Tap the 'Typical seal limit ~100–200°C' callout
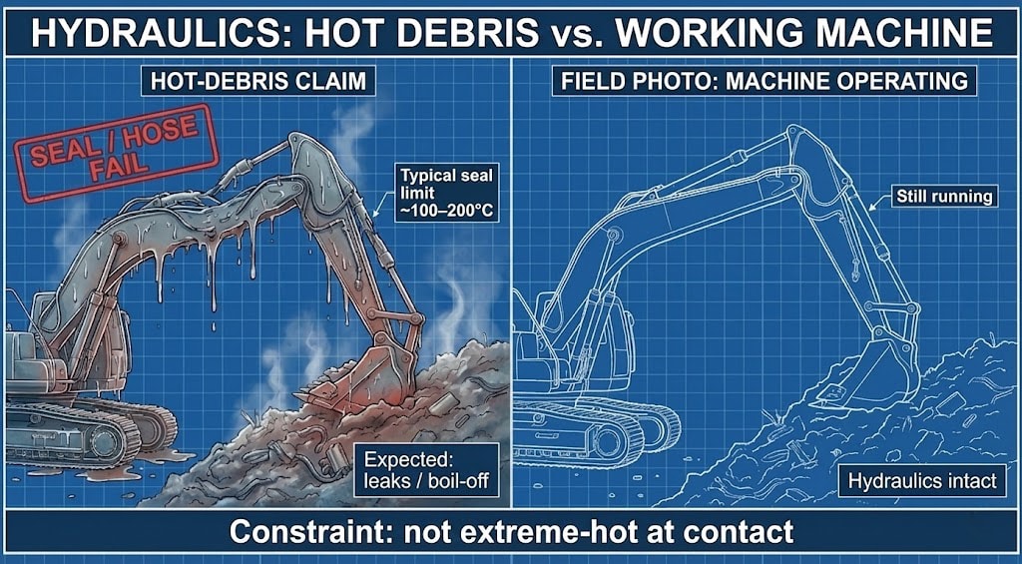coord(447,191)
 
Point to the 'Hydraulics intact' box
coord(921,481)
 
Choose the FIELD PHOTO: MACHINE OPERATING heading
coord(764,80)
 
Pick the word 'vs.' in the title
coord(580,32)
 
